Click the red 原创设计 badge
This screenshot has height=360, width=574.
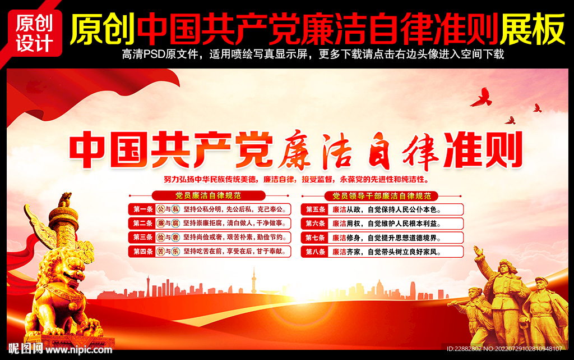[x=34, y=32]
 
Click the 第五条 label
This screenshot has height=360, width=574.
[x=316, y=209]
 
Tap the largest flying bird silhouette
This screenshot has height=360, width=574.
[x=481, y=98]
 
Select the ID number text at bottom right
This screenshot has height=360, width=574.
[x=504, y=349]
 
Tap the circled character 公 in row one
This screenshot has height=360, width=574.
[x=160, y=209]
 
